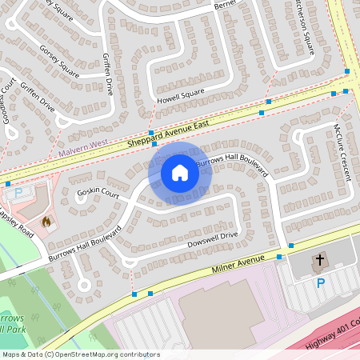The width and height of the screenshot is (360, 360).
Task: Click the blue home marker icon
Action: (x=180, y=173)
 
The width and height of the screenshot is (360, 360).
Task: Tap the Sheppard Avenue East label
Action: (x=167, y=135)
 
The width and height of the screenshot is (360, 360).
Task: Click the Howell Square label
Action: (x=181, y=95)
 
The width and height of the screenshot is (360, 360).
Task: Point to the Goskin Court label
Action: (x=98, y=194)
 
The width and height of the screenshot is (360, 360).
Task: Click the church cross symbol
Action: (x=319, y=259)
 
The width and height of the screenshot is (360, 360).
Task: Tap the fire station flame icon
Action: (x=46, y=221)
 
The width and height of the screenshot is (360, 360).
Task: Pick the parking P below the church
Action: (x=321, y=283)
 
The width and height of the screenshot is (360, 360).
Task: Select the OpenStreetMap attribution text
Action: (x=81, y=354)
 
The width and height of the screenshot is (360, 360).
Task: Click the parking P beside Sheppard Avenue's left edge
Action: (x=18, y=193)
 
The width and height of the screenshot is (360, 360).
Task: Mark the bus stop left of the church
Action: (x=279, y=256)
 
